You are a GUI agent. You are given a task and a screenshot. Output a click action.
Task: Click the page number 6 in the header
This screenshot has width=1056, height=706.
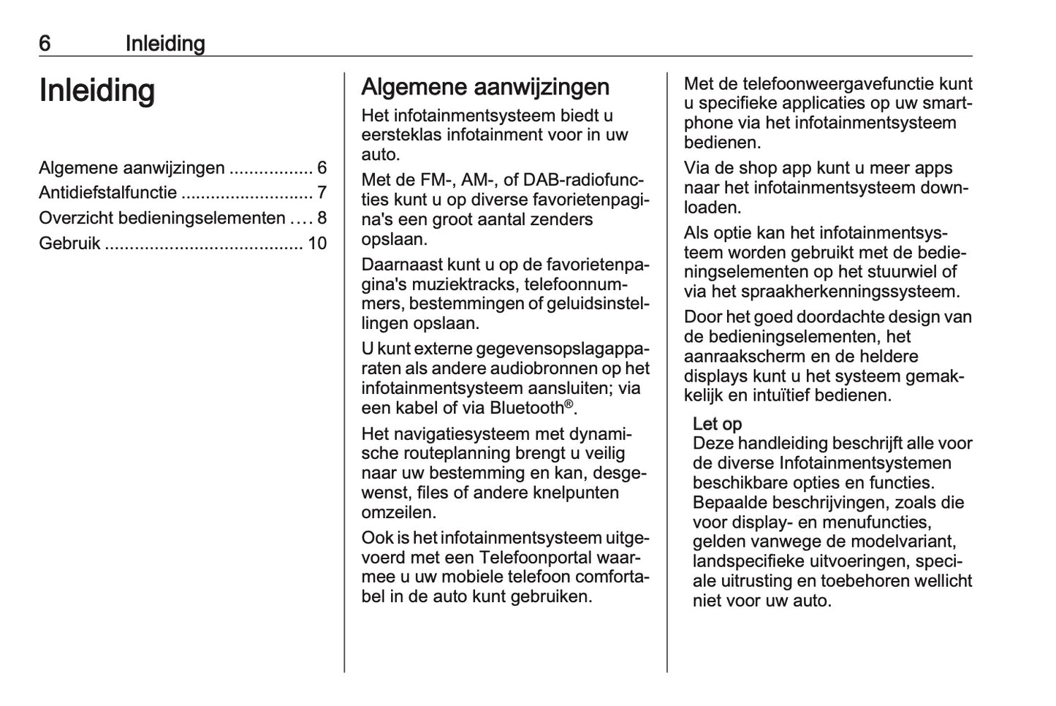[x=45, y=44]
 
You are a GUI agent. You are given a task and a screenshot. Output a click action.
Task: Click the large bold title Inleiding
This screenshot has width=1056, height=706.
[x=97, y=91]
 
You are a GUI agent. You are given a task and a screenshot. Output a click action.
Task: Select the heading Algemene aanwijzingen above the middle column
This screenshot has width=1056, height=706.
[x=485, y=87]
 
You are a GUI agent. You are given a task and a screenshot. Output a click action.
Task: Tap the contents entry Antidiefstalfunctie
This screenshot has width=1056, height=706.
[x=108, y=193]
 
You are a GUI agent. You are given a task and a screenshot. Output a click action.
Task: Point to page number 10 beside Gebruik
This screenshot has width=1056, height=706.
[x=317, y=243]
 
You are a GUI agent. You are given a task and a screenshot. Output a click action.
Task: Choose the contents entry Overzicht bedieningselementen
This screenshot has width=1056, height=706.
[x=162, y=218]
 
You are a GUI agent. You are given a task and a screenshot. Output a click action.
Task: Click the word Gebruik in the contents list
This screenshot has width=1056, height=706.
[x=69, y=243]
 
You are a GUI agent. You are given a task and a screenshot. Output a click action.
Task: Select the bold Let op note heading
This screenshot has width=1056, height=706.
[x=717, y=424]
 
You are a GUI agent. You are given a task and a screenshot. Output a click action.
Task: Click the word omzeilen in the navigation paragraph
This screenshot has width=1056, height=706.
[x=398, y=512]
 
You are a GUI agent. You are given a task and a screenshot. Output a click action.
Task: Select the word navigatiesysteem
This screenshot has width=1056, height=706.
[x=462, y=433]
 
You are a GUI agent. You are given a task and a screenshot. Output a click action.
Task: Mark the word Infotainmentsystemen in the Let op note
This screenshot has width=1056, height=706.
[x=865, y=463]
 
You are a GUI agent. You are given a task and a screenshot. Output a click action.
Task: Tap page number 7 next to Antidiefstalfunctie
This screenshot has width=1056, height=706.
[x=322, y=193]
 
